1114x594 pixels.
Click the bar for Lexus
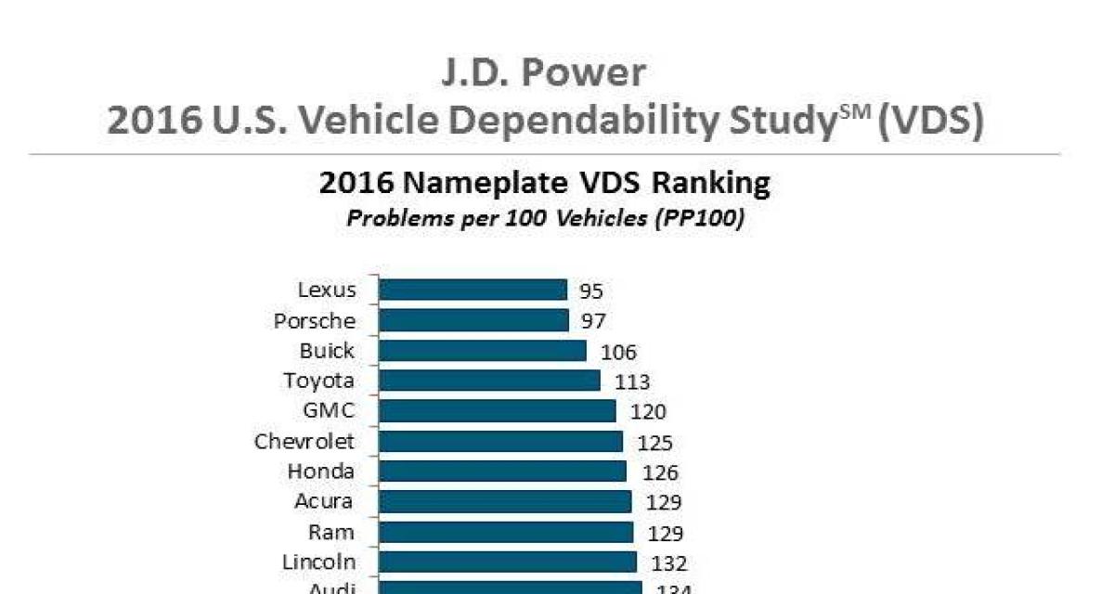pos(473,290)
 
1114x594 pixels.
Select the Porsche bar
pos(473,320)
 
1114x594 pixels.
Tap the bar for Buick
pos(482,351)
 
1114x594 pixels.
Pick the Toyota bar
pos(489,381)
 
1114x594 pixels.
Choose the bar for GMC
pos(497,411)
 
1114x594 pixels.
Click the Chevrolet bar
pos(500,441)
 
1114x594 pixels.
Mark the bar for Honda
pos(502,471)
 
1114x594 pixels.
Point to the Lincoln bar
pos(507,562)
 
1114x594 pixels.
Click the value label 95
pos(591,291)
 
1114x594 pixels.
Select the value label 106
pos(619,352)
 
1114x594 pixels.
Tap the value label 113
pos(631,381)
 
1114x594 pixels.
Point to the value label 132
pos(668,563)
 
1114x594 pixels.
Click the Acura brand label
pos(324,501)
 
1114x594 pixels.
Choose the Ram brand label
pos(331,532)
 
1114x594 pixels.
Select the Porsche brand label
pos(314,321)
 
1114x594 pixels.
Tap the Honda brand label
pos(320,471)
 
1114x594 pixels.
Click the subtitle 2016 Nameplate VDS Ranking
pos(545,184)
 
